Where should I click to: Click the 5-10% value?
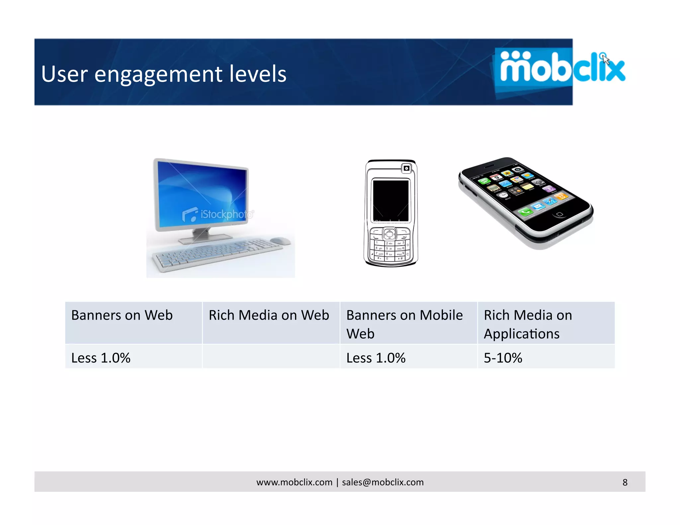pyautogui.click(x=503, y=358)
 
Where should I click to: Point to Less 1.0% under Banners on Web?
pyautogui.click(x=101, y=358)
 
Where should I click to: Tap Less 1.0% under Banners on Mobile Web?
pyautogui.click(x=376, y=358)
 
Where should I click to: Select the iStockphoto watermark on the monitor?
pyautogui.click(x=218, y=215)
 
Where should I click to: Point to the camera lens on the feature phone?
pyautogui.click(x=406, y=169)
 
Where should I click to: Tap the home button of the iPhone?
pyautogui.click(x=559, y=214)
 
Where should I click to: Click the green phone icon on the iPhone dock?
pyautogui.click(x=525, y=211)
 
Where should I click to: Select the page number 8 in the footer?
pyautogui.click(x=625, y=482)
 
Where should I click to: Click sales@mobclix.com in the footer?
pyautogui.click(x=382, y=482)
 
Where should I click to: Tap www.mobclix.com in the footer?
pyautogui.click(x=294, y=482)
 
